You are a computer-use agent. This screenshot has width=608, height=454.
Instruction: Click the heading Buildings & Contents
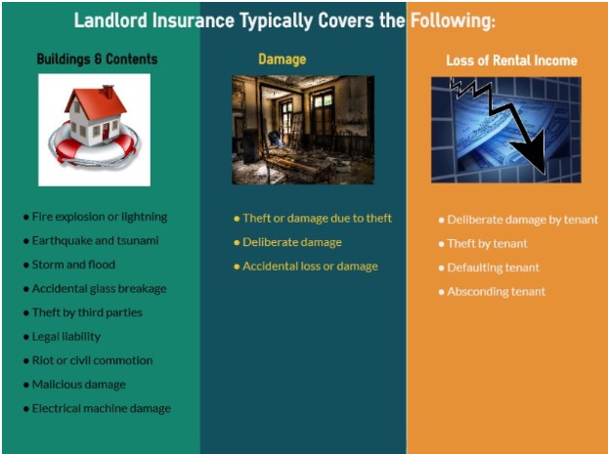(x=97, y=59)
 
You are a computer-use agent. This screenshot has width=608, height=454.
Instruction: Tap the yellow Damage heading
(x=282, y=60)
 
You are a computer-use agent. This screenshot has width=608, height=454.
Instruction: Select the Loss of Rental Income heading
(x=511, y=61)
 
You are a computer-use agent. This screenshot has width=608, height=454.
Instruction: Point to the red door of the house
(x=106, y=132)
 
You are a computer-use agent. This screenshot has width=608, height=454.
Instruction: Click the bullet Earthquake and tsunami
(x=91, y=241)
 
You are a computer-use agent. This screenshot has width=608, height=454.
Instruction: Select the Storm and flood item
(x=69, y=265)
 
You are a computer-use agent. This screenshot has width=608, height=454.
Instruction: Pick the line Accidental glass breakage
(x=95, y=289)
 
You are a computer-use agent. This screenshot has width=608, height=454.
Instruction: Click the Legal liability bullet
(x=62, y=337)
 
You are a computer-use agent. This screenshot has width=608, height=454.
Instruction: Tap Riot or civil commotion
(x=88, y=360)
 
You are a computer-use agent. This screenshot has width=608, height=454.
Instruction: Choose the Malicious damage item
(x=74, y=385)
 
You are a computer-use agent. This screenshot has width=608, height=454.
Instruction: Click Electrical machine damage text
(x=98, y=409)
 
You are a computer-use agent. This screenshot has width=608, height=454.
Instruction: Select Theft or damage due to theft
(x=313, y=219)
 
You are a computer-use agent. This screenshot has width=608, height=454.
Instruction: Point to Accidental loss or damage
(x=306, y=267)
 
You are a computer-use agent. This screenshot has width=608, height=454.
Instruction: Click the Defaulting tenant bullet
(x=489, y=268)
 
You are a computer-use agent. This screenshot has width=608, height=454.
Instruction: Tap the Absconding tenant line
(x=492, y=292)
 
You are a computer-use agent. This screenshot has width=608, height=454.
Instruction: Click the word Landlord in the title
(x=110, y=21)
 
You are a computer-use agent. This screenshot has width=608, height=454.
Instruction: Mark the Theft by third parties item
(x=83, y=312)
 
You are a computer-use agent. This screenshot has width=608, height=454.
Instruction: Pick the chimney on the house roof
(x=108, y=92)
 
